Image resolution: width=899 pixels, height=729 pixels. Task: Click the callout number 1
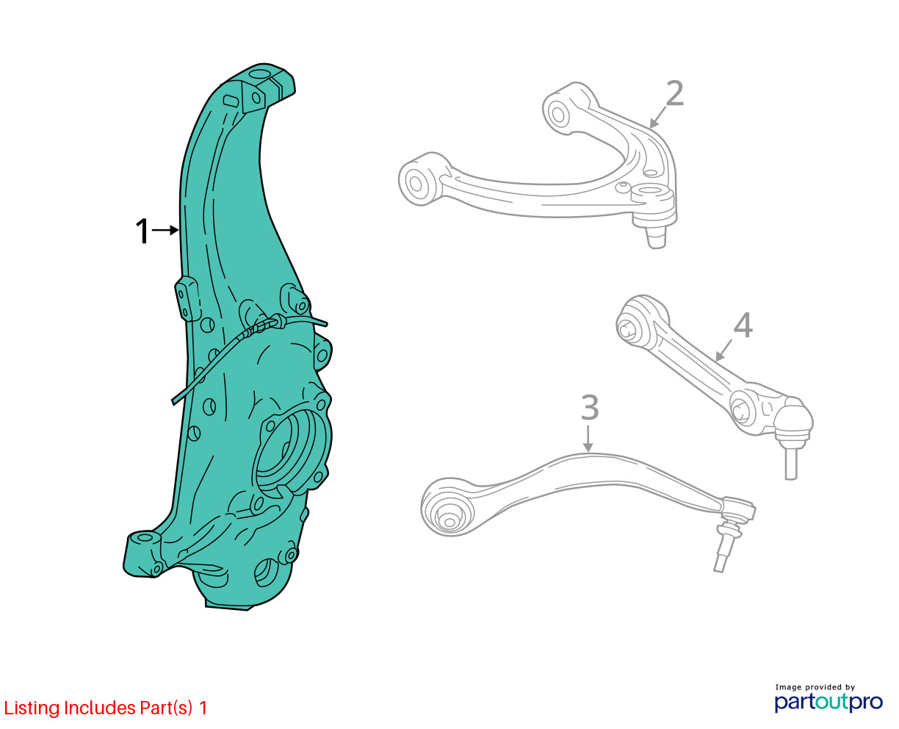(x=142, y=231)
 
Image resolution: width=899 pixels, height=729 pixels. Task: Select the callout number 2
(x=674, y=93)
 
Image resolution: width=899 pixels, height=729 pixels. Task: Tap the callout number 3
(x=590, y=407)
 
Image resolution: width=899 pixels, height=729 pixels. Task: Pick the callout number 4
(x=743, y=326)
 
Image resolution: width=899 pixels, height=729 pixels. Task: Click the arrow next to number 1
(x=165, y=230)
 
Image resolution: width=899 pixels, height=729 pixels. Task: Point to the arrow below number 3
(x=588, y=439)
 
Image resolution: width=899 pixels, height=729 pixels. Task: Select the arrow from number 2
(x=657, y=118)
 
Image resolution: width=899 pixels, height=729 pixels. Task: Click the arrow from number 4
(x=724, y=350)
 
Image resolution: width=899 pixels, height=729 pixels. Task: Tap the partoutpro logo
(x=828, y=702)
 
